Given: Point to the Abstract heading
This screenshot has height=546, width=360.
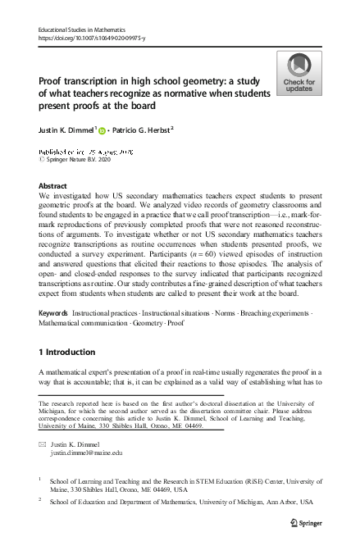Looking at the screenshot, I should tap(53, 186).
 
